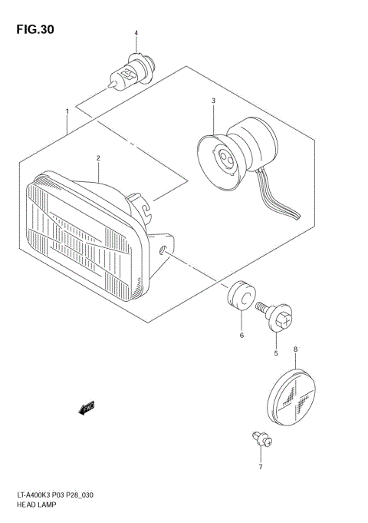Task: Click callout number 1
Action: (x=67, y=112)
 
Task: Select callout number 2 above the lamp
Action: (x=98, y=159)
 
